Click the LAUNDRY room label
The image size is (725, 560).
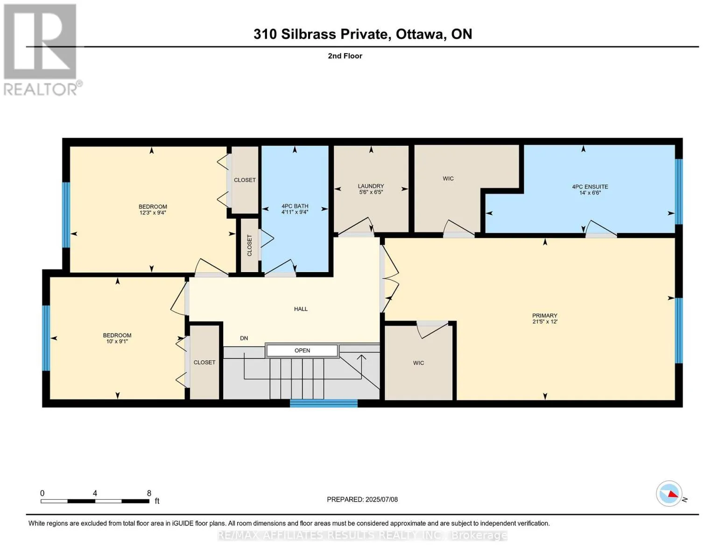pos(371,186)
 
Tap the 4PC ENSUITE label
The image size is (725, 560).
pos(590,187)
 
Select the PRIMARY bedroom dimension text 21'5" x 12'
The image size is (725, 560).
pos(545,322)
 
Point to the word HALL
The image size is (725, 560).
pos(301,309)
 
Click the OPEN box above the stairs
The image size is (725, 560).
pos(302,350)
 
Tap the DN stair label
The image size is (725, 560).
pos(244,338)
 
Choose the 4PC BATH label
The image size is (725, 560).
pos(295,206)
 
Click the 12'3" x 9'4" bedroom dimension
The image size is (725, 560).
pos(153,212)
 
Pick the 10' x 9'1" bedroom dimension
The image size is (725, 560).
pos(117,341)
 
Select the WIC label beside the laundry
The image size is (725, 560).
pos(448,178)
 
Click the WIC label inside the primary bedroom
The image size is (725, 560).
pos(418,363)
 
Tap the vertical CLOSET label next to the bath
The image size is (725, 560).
pos(250,245)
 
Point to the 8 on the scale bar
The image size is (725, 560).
pos(149,493)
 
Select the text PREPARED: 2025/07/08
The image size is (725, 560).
pos(362,499)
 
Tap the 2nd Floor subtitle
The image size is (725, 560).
pos(345,56)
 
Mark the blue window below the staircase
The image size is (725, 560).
pos(324,404)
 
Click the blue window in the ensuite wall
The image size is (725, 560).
pos(679,192)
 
